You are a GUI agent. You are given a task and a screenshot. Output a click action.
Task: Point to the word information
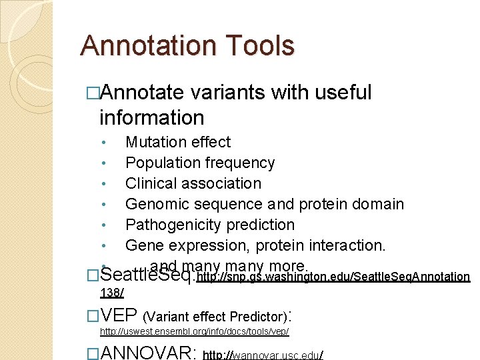151,117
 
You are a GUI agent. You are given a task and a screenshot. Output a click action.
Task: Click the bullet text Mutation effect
178,142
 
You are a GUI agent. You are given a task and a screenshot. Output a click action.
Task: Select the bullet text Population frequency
200,163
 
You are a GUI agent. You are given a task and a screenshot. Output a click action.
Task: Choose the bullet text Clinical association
193,183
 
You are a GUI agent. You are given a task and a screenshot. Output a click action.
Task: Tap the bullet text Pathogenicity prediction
210,225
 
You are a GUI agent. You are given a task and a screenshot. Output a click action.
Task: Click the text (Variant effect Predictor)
217,316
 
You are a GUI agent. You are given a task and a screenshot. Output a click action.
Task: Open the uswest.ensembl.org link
194,331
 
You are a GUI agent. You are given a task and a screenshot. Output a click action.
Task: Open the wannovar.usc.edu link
263,354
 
